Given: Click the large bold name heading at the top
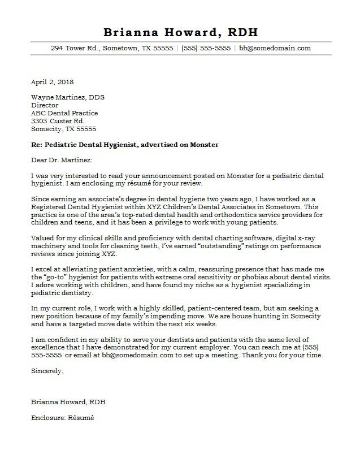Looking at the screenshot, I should (x=181, y=32).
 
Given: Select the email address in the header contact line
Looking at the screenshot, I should (x=275, y=48).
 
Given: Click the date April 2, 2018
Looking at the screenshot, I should (x=52, y=82).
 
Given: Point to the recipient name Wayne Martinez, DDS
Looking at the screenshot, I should (x=68, y=97).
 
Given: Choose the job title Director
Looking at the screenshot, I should (x=45, y=105).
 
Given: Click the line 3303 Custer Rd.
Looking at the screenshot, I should (x=58, y=121).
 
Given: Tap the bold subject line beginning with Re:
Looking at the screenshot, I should (x=125, y=145).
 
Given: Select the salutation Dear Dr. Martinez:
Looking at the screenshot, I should (x=62, y=161).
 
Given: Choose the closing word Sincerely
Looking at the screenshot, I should (x=47, y=371).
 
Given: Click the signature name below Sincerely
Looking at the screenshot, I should (x=68, y=402).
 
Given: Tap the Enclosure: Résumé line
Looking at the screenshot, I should (x=63, y=418).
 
